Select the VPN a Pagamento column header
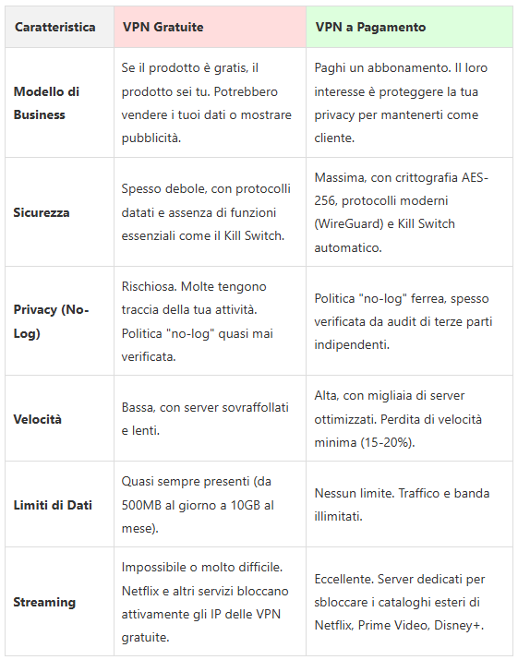coord(370,27)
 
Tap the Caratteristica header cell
coord(54,27)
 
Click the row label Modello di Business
coord(46,103)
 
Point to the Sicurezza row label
coord(42,212)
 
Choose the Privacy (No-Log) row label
coord(51,321)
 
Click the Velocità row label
coord(38,419)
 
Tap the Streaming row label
coord(44,602)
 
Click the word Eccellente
coord(344,580)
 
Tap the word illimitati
coord(340,516)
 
